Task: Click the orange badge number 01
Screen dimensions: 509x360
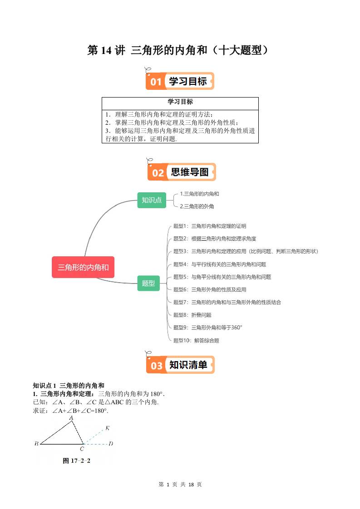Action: click(156, 82)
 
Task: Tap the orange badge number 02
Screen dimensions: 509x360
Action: click(158, 173)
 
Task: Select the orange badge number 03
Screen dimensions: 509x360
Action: click(157, 366)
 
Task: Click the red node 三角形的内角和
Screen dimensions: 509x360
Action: click(83, 267)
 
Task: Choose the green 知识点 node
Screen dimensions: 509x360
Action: click(152, 200)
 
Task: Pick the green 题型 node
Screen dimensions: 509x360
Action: click(148, 283)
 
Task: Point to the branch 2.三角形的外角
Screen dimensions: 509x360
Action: click(197, 206)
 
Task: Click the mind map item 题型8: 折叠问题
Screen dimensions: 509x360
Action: click(192, 315)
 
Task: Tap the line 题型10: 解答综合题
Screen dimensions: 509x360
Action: click(196, 340)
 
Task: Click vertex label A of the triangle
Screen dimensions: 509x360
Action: click(71, 417)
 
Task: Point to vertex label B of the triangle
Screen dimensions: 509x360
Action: click(36, 444)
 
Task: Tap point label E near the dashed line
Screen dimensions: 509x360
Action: click(107, 428)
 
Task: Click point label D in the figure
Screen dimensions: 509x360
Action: click(111, 444)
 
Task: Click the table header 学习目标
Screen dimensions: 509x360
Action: click(180, 102)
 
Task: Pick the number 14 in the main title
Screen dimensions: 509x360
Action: click(106, 50)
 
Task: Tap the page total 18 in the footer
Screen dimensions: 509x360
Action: click(191, 484)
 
